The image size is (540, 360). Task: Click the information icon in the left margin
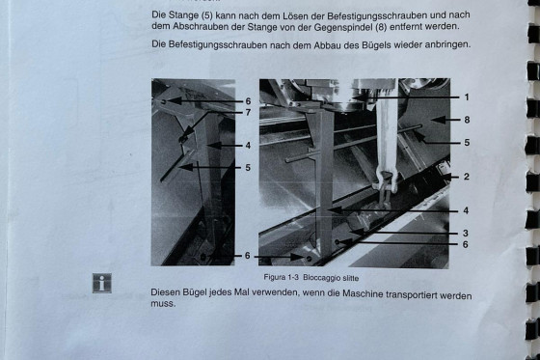(x=102, y=283)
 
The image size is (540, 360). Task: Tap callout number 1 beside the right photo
(x=467, y=97)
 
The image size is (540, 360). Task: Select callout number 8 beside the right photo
(x=467, y=120)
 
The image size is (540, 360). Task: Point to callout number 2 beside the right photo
(x=467, y=177)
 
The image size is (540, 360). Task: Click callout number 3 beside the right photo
(x=465, y=234)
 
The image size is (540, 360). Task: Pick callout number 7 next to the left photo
(x=248, y=112)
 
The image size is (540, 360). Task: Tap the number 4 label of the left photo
(x=248, y=146)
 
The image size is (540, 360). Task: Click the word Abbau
(x=325, y=44)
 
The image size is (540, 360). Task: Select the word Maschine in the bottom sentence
(x=362, y=294)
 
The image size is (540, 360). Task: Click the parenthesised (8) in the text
(x=380, y=27)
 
